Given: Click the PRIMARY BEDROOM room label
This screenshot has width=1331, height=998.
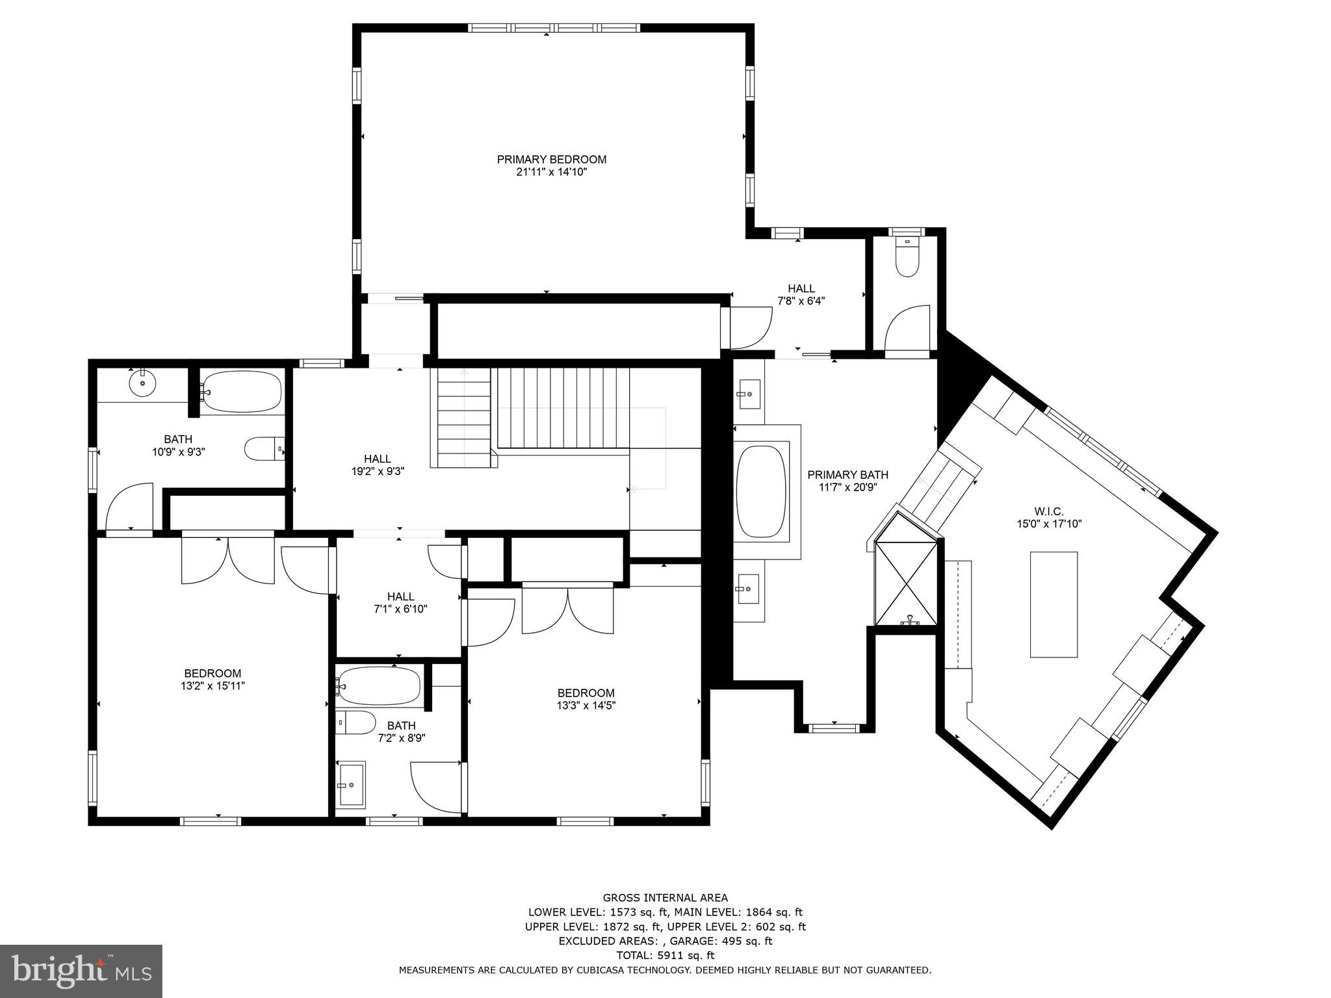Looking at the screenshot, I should pyautogui.click(x=551, y=159).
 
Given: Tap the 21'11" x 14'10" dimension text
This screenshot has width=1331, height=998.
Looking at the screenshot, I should pyautogui.click(x=551, y=172).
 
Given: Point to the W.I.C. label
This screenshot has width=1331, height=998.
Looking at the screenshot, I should pyautogui.click(x=1049, y=511).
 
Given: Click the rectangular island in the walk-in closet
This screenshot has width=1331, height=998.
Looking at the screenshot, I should pyautogui.click(x=1053, y=604).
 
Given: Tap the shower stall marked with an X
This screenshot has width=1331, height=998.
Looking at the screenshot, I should pyautogui.click(x=906, y=582).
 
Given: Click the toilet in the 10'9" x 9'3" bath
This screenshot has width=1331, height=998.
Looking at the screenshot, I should pyautogui.click(x=264, y=448).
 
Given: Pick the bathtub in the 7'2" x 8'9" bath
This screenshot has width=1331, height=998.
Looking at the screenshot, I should pyautogui.click(x=379, y=686).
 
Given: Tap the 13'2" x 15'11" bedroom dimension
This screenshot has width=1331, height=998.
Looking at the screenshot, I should pyautogui.click(x=213, y=685).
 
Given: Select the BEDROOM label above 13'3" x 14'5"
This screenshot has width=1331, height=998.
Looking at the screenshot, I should pyautogui.click(x=586, y=693).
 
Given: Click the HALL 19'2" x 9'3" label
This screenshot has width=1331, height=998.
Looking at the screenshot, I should pyautogui.click(x=377, y=465).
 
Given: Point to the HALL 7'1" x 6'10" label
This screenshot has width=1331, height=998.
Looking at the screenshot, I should pyautogui.click(x=400, y=602).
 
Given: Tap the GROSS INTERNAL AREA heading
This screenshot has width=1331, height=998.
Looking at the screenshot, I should pyautogui.click(x=665, y=898).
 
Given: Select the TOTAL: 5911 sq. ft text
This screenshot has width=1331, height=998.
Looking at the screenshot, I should pyautogui.click(x=665, y=955).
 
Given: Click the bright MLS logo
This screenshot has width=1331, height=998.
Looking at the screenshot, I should pyautogui.click(x=81, y=971).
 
